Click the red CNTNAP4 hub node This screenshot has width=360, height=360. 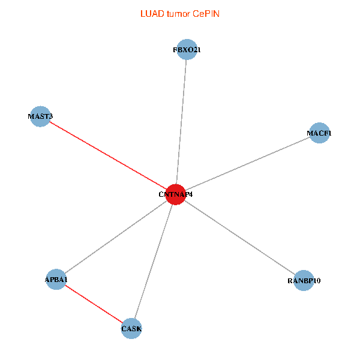176,194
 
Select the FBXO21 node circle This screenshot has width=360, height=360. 187,49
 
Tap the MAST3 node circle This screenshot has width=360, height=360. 40,116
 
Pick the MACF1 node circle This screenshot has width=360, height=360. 319,133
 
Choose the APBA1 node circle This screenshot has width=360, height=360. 56,279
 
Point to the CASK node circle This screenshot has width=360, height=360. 131,328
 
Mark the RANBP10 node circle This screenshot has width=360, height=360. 304,280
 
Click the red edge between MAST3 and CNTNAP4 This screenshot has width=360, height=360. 108,155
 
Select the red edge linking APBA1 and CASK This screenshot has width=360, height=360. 94,304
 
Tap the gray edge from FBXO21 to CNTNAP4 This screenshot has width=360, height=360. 181,122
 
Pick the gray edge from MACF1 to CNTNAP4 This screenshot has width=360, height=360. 247,163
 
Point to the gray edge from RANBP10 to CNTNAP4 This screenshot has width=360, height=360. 239,238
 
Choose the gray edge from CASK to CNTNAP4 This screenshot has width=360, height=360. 154,261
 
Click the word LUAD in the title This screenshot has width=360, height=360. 152,14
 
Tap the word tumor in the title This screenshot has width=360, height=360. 179,14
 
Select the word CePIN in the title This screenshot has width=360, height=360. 206,14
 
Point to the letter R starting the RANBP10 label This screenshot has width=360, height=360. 290,281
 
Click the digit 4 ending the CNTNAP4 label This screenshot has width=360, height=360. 191,194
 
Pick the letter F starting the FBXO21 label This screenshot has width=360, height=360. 175,50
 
